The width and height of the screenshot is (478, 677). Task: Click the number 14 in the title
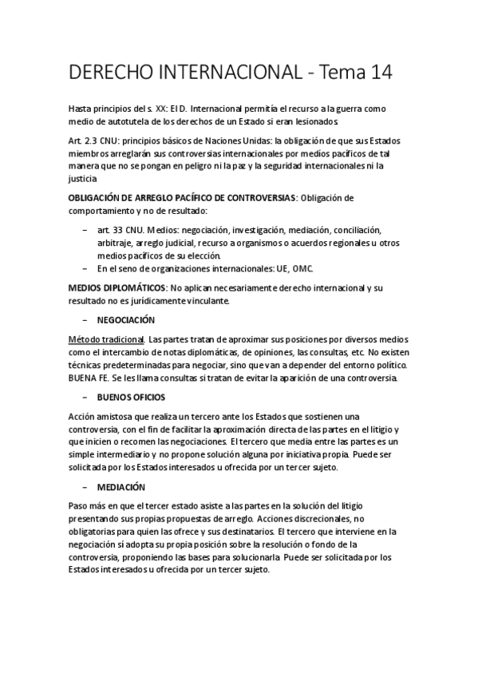click(x=375, y=73)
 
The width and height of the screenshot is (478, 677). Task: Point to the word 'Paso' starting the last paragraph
click(x=79, y=506)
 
